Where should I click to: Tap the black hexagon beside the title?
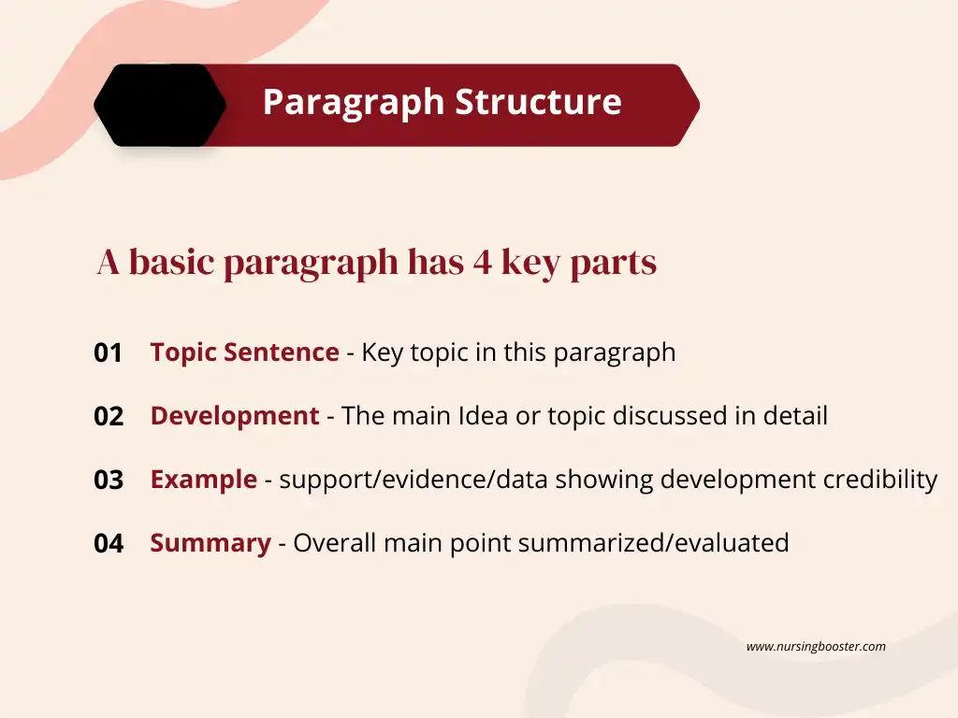point(160,105)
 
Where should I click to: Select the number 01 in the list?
point(109,353)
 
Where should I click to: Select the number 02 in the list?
point(109,417)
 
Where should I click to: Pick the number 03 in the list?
point(109,481)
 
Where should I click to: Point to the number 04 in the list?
point(109,544)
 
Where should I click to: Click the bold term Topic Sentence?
point(244,352)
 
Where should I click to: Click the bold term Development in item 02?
point(235,416)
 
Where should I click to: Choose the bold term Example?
point(203,480)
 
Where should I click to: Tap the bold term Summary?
point(210,543)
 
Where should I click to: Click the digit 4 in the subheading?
point(482,263)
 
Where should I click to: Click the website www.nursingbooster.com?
point(816,646)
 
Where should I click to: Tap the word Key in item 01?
point(382,353)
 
